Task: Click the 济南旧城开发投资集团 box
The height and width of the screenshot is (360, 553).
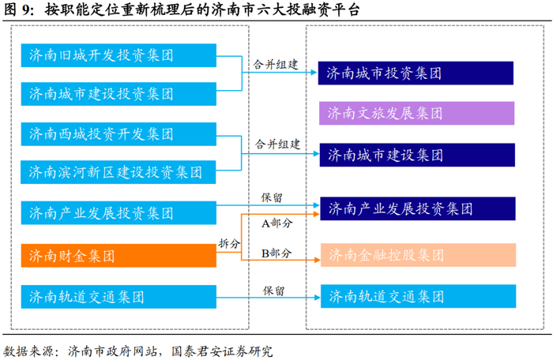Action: [x=118, y=56]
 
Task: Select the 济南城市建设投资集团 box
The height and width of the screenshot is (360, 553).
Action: [x=118, y=93]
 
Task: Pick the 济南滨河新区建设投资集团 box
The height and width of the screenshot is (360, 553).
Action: [x=118, y=171]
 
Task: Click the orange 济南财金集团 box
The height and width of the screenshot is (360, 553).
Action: [x=118, y=256]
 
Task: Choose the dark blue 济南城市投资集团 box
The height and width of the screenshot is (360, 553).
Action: [x=417, y=73]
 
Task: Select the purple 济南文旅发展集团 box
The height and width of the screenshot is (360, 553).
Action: [x=417, y=112]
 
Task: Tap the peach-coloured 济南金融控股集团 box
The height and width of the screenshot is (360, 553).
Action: [x=417, y=255]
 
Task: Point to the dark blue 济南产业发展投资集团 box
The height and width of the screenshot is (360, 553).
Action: [x=417, y=210]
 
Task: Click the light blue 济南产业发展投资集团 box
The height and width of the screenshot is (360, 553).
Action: [x=118, y=212]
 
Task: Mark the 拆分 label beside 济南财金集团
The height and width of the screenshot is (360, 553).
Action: [x=229, y=244]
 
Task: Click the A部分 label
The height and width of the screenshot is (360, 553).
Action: [x=276, y=223]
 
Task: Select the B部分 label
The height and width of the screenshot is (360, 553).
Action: [x=276, y=253]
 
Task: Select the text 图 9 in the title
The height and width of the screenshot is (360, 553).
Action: [x=20, y=10]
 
